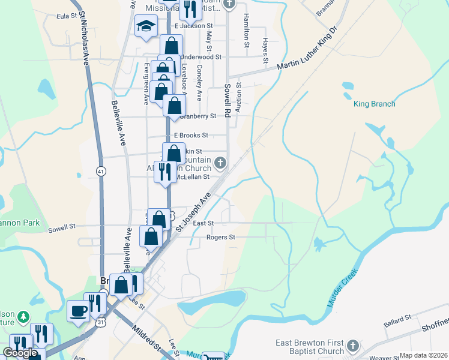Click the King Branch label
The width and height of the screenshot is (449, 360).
point(375,104)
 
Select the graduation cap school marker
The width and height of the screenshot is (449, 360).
point(146,26)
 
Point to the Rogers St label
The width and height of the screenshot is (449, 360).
point(221,237)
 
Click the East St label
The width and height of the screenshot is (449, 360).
point(203,223)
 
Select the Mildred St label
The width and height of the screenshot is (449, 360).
point(148,338)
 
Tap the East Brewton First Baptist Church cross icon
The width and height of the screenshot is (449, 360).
point(353,346)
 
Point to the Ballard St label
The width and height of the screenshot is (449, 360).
point(398,317)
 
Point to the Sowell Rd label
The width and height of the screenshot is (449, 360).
point(228,100)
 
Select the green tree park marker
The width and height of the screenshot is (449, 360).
point(23,316)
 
